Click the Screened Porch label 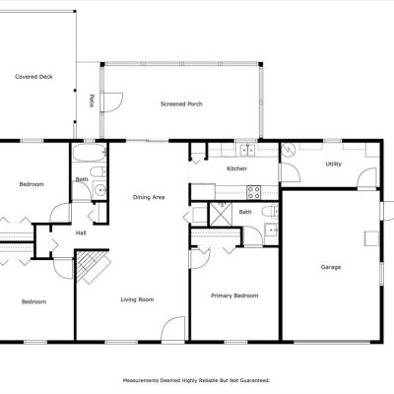[x=181, y=104]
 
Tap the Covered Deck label [x=33, y=77]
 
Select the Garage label [x=331, y=267]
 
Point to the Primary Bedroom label [x=234, y=295]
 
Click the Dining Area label [x=149, y=197]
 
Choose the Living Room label [x=137, y=299]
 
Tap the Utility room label [x=333, y=164]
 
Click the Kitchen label [x=236, y=168]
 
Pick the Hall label [x=81, y=233]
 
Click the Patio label [x=92, y=100]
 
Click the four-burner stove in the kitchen [x=254, y=192]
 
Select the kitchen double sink [x=248, y=150]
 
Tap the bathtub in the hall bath [x=90, y=153]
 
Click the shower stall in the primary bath [x=221, y=215]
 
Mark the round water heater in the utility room [x=289, y=150]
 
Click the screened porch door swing [x=112, y=102]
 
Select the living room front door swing [x=174, y=329]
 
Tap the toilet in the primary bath [x=271, y=211]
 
